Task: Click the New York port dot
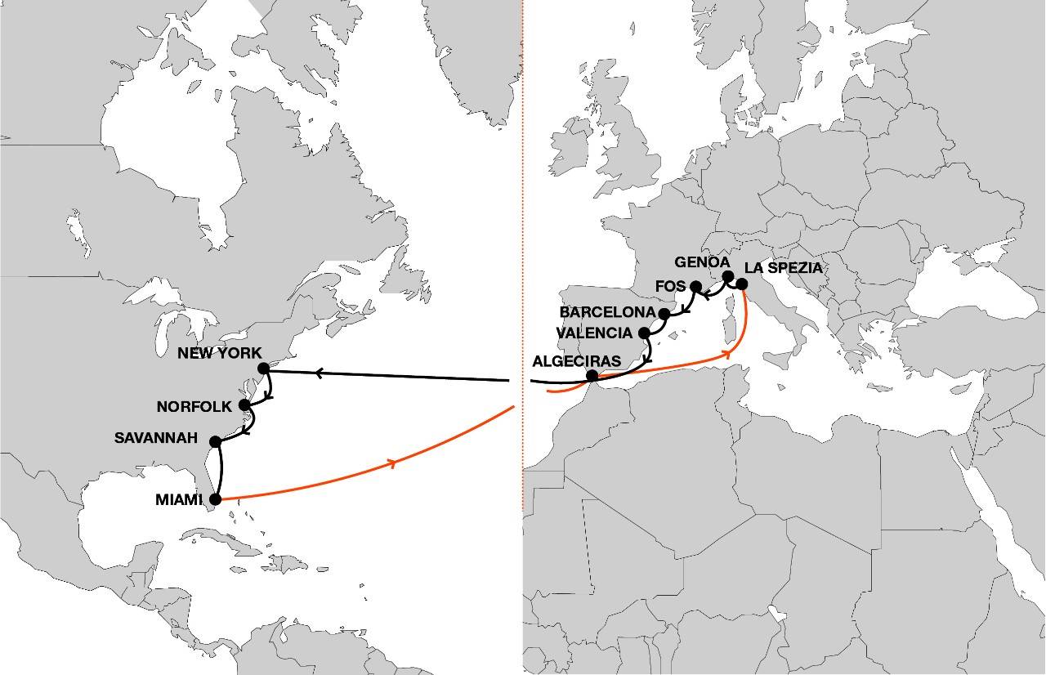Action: [x=264, y=369]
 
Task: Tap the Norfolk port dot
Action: [x=244, y=405]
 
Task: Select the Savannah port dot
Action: [x=216, y=442]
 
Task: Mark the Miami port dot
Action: [x=216, y=498]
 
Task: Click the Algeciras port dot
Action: [x=592, y=376]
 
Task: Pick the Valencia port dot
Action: [x=645, y=333]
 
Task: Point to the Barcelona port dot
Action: [x=664, y=314]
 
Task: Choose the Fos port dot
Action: [x=696, y=287]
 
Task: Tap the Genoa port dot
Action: [x=728, y=276]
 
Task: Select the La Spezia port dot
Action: [x=742, y=284]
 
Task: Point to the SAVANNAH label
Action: [x=156, y=439]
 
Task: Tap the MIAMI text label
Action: [x=177, y=499]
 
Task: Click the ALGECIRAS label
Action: [x=575, y=360]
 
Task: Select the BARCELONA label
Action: [x=608, y=313]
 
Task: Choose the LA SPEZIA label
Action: [x=783, y=268]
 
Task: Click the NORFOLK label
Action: [x=194, y=405]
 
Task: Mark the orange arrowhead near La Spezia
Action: [x=726, y=354]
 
